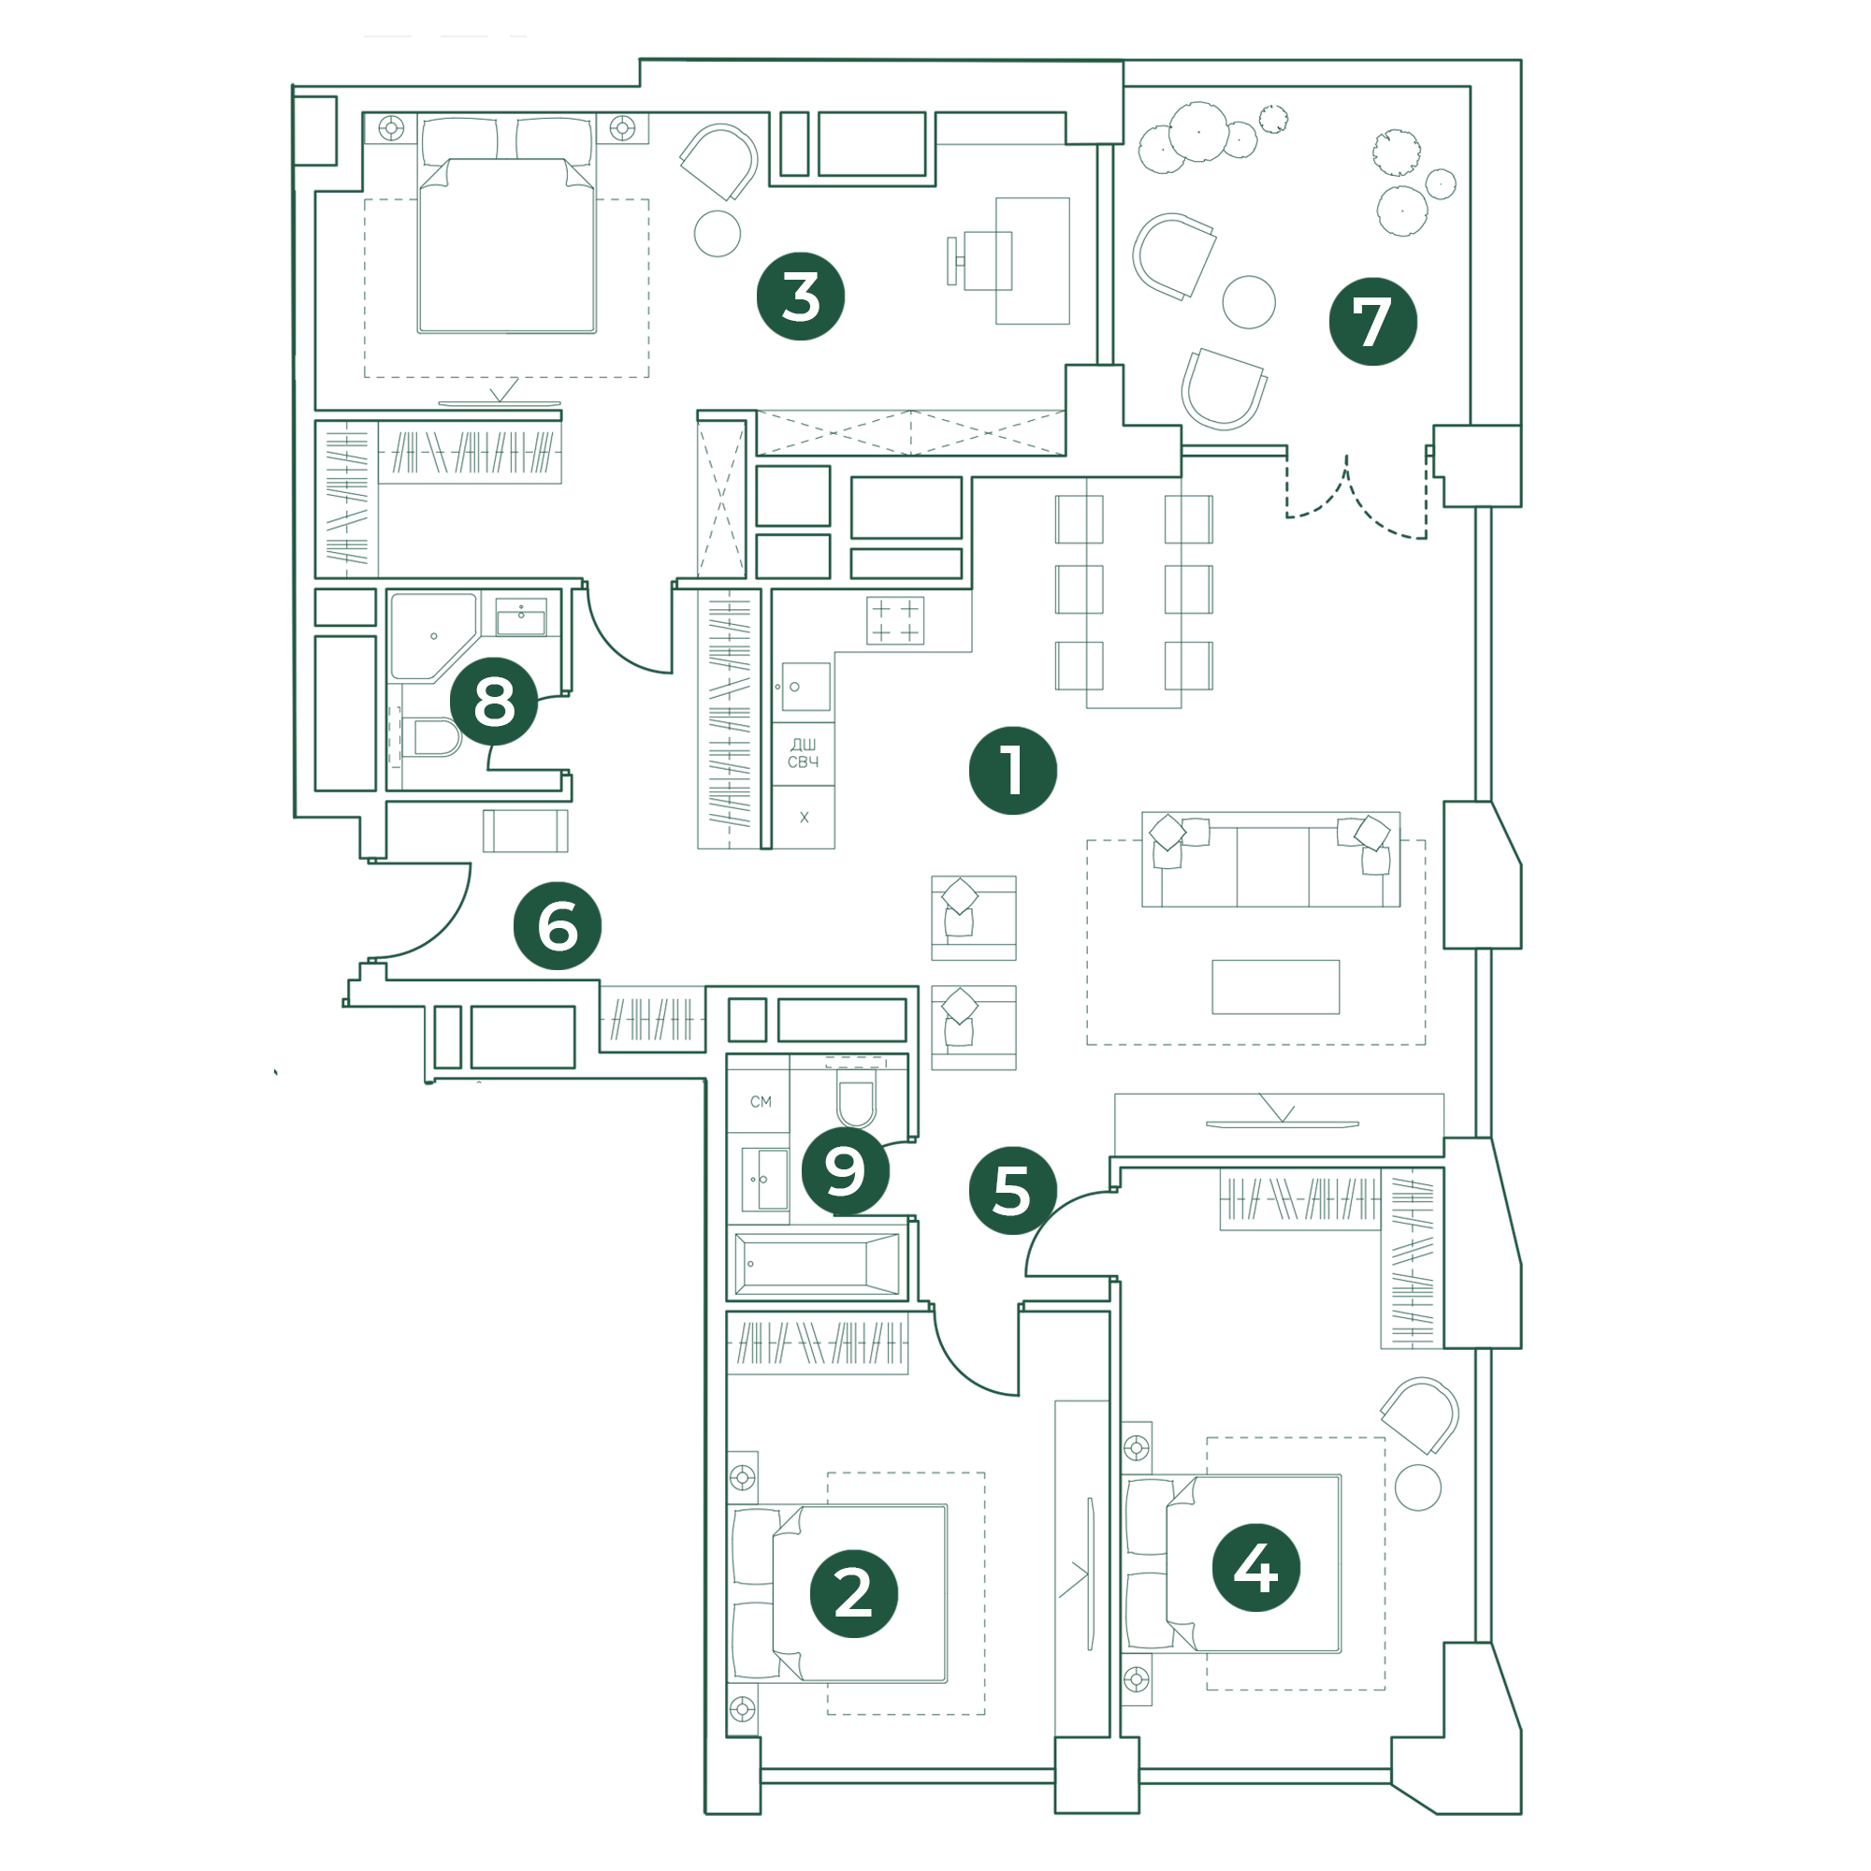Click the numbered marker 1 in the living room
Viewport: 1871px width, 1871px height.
(1012, 771)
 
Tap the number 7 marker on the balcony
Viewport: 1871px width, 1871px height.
(1372, 322)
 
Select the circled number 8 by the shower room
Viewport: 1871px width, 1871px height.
(494, 701)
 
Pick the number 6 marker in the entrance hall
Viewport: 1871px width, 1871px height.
(557, 926)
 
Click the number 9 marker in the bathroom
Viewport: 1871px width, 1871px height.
(846, 1172)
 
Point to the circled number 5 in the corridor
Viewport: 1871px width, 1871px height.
(1012, 1191)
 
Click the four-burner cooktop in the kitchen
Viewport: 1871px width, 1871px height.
(895, 621)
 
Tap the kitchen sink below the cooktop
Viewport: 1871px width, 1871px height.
(805, 688)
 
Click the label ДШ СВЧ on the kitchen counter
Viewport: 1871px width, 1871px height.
(803, 753)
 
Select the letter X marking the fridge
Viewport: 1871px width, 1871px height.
(804, 818)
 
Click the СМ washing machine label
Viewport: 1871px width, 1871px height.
(761, 1101)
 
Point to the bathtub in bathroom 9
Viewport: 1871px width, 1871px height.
(818, 1264)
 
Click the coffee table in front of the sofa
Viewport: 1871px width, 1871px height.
(1275, 987)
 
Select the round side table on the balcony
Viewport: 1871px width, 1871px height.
(1248, 302)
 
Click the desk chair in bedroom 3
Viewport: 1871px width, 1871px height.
(980, 260)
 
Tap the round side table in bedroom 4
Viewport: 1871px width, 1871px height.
(1418, 1487)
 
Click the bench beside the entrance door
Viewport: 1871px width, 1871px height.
(525, 831)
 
